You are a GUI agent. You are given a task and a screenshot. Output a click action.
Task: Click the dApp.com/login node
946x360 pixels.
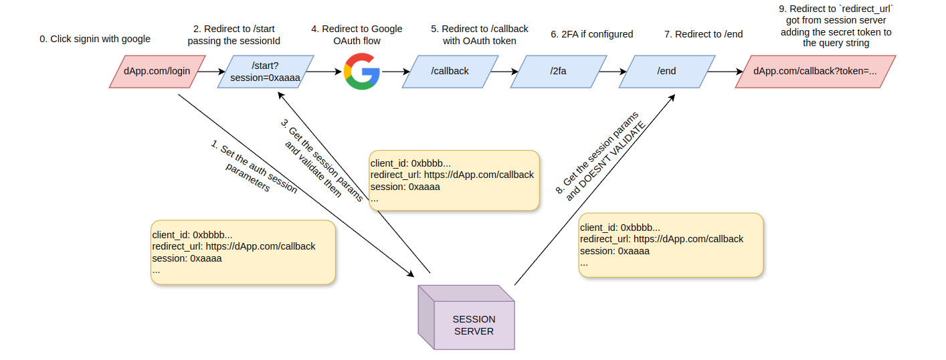point(154,71)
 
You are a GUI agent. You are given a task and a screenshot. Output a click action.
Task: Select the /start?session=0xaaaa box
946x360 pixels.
point(266,71)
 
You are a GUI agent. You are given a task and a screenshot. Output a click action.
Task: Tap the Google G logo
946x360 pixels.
point(361,71)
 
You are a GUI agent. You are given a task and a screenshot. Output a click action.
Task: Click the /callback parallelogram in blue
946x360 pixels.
point(450,71)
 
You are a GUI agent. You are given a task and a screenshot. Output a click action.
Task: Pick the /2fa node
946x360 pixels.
point(558,71)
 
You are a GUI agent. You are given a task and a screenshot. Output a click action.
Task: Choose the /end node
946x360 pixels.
point(666,71)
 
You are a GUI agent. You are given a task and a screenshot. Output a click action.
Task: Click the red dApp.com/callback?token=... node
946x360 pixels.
point(815,71)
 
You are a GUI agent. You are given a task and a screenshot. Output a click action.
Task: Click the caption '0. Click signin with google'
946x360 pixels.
point(95,39)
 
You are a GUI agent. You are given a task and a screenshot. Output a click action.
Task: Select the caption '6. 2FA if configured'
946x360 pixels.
point(592,34)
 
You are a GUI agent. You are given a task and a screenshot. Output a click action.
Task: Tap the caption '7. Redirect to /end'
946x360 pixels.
point(703,34)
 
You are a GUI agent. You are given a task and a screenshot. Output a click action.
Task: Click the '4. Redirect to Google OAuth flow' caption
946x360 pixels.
point(357,35)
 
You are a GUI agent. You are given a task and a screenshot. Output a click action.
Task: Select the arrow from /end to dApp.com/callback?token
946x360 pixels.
point(723,71)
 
